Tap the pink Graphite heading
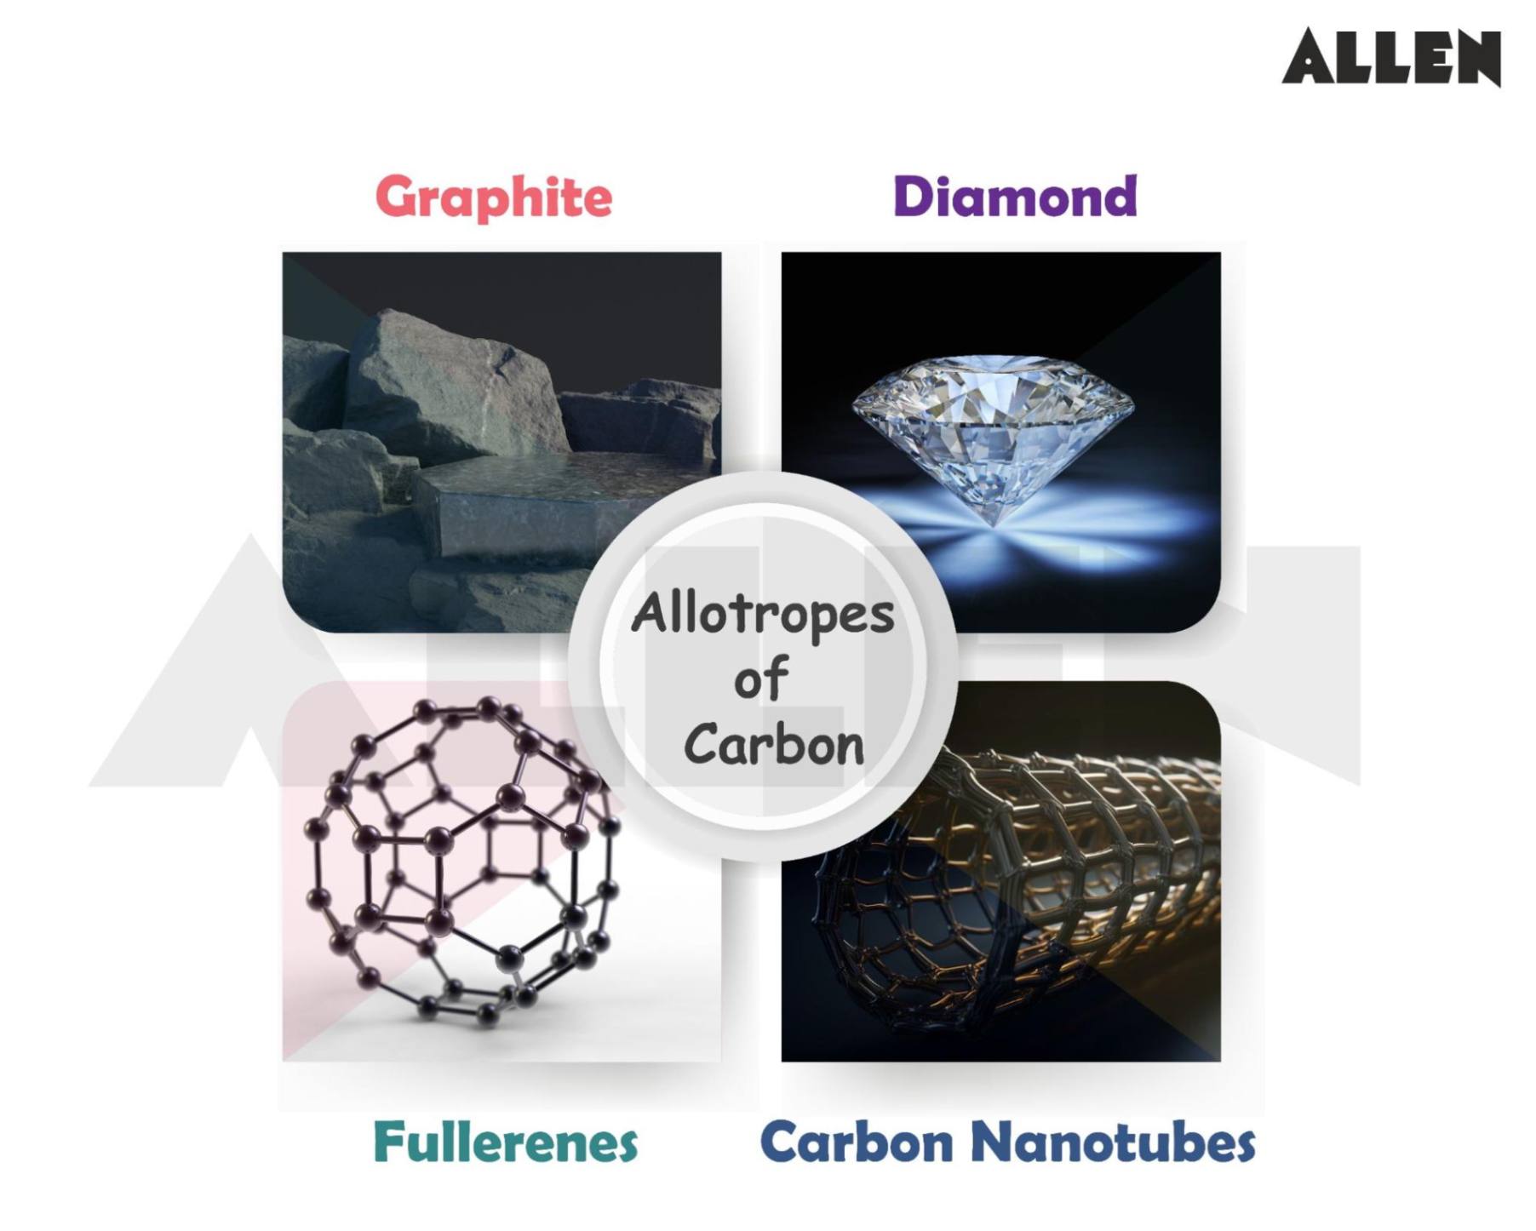pos(493,198)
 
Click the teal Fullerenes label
pos(505,1142)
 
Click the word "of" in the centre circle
pos(760,679)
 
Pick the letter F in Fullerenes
pos(388,1142)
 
